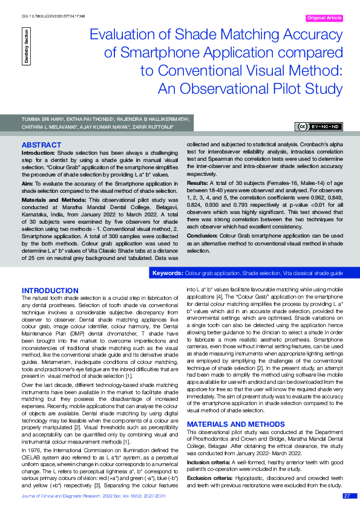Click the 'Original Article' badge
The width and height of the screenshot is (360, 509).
tap(325, 18)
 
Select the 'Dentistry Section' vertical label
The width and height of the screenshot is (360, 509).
tap(26, 45)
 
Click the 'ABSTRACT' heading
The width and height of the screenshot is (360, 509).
tap(41, 145)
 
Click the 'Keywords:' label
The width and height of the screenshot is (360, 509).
tap(167, 274)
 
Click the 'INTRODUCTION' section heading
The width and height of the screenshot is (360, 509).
tap(50, 291)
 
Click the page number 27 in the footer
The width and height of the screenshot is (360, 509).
tap(347, 496)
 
